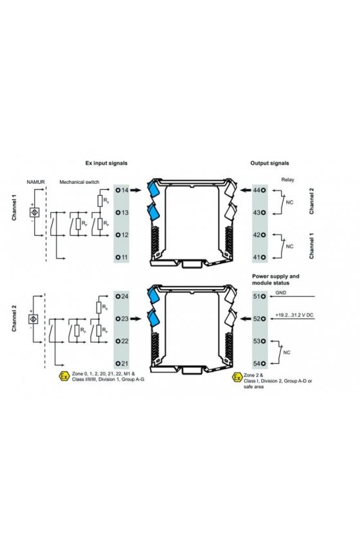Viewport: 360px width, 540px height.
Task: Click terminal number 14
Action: (x=125, y=190)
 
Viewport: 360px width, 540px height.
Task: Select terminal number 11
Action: (x=125, y=257)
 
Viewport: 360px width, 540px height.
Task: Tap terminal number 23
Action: (x=125, y=319)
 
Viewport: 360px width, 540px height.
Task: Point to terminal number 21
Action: (x=125, y=363)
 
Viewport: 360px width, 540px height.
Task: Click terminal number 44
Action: (x=257, y=190)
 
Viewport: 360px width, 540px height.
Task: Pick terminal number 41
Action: (x=257, y=257)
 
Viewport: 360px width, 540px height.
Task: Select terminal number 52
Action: (x=257, y=319)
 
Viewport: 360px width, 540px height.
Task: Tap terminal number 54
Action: (x=257, y=363)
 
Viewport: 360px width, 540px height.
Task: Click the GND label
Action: (x=281, y=292)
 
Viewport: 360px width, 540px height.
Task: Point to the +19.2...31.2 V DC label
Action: (x=294, y=315)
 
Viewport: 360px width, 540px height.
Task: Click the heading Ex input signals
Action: (x=106, y=163)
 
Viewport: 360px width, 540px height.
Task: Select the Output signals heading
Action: (x=269, y=163)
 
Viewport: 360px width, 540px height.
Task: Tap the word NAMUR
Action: (x=35, y=182)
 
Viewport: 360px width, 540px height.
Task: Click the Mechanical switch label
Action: (x=79, y=182)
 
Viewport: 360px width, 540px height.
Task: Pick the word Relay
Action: (x=287, y=179)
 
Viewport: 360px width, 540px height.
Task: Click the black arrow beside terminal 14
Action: (x=136, y=190)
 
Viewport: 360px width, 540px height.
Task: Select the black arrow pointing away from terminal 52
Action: (x=246, y=319)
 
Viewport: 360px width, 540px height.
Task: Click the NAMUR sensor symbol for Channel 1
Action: (x=35, y=212)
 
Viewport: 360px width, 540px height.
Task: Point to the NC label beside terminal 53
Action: (x=287, y=352)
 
